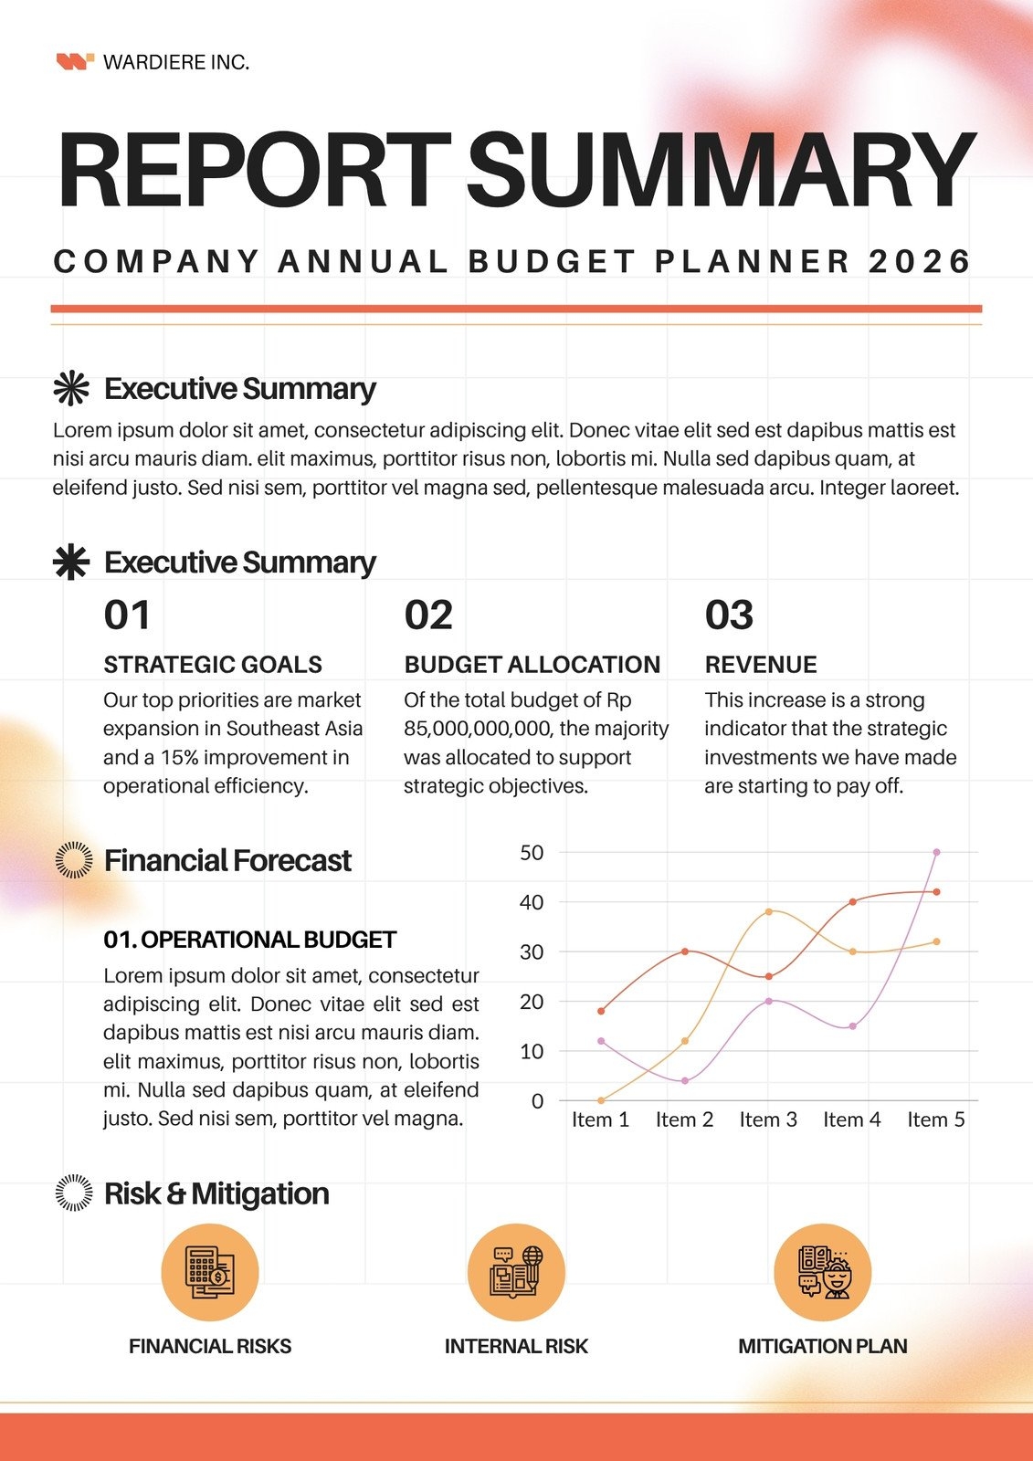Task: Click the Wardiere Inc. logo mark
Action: [75, 62]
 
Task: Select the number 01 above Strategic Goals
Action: [126, 615]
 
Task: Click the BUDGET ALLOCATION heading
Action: [532, 665]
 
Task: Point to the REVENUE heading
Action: [760, 665]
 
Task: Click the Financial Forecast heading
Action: [227, 860]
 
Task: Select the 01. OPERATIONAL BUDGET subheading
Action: [249, 940]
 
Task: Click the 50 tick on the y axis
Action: [532, 853]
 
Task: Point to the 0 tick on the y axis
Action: [537, 1101]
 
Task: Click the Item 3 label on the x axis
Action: [768, 1119]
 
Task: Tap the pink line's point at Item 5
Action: [936, 852]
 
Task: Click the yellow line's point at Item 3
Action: [768, 911]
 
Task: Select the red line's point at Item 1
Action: [601, 1011]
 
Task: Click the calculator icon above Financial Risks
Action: [210, 1272]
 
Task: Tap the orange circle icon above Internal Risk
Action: [516, 1272]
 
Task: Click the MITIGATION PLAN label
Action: [822, 1346]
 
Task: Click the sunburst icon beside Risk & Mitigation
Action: [74, 1193]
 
